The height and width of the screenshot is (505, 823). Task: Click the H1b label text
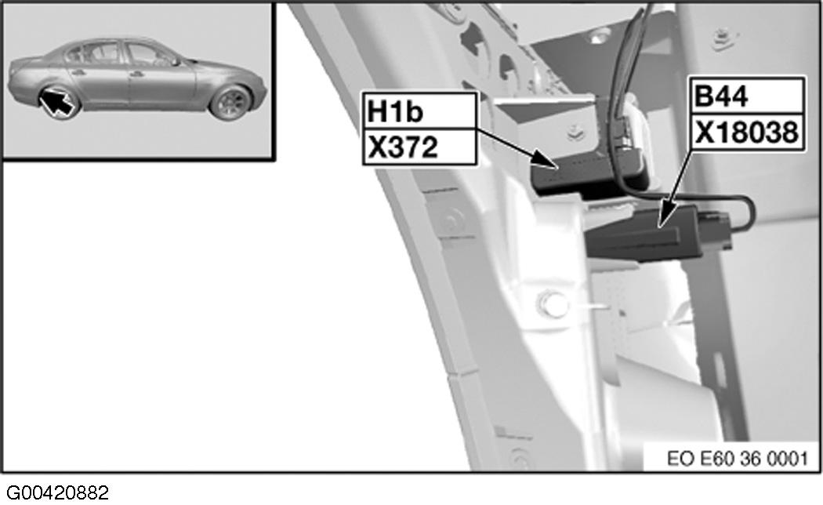396,112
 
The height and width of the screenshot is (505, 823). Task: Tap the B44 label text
723,98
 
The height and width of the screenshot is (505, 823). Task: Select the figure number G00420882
55,492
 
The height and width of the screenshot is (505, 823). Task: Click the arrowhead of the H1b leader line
553,165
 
